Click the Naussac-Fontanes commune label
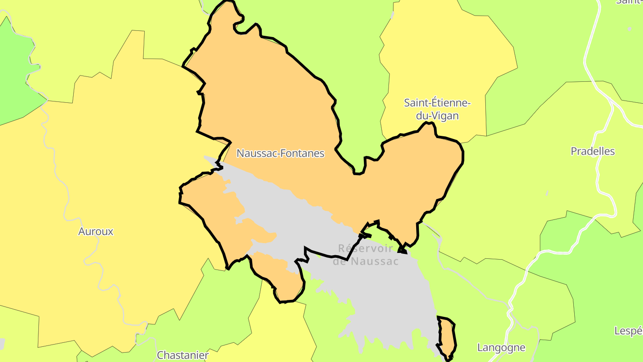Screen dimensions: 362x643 280,153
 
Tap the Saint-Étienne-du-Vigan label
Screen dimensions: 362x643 437,109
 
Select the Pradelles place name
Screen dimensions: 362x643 593,151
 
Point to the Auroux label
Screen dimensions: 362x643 96,232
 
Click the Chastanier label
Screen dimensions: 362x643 183,355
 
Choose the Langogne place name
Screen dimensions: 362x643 501,347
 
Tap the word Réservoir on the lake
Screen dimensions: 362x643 365,248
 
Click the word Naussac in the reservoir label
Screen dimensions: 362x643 375,261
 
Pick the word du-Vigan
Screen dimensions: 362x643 437,116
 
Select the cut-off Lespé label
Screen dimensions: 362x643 628,331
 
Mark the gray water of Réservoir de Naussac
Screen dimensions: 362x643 384,295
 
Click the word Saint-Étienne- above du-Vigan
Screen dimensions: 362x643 437,102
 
